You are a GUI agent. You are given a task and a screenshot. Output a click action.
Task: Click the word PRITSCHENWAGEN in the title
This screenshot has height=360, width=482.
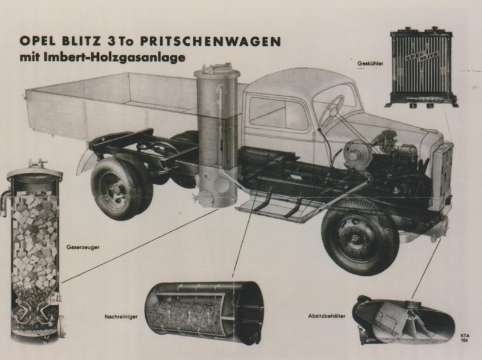[x=210, y=42]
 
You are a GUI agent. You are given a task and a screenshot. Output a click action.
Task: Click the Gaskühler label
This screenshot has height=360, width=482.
[x=370, y=64]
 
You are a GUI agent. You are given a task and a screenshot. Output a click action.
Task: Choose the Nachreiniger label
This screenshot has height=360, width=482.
[x=121, y=317]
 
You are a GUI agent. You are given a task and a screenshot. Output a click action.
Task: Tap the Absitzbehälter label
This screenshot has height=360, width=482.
[x=327, y=315]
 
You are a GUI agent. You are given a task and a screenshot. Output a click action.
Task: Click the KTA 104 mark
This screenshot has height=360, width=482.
[x=465, y=338]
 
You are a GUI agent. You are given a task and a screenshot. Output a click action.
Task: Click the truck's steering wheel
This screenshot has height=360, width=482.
[x=331, y=111]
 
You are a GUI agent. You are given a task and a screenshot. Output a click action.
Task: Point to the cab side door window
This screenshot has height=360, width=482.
[x=278, y=114]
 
